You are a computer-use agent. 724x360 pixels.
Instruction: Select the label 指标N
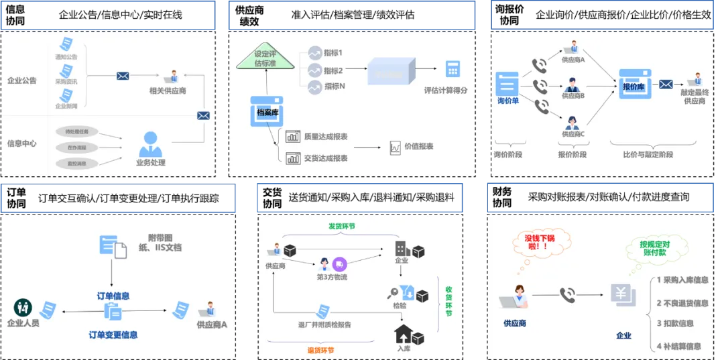pos(334,86)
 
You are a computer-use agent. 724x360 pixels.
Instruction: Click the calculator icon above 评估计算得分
pos(453,68)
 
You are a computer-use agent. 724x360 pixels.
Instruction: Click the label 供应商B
pos(573,96)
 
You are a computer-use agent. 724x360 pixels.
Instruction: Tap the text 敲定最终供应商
pos(695,96)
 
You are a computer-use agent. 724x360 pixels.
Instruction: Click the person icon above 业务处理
pos(150,143)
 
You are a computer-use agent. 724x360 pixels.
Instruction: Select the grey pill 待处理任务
pos(77,131)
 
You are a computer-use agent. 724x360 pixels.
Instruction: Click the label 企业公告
pos(22,80)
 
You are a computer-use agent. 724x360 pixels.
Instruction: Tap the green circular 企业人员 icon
pos(23,308)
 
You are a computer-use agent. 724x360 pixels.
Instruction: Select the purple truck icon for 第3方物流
pos(339,264)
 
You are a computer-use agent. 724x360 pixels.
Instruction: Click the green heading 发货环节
pos(341,227)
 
